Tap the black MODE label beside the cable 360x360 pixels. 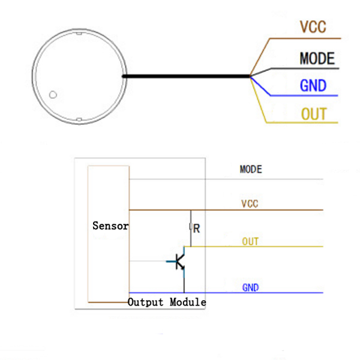point(317,58)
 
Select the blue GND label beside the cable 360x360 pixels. point(313,86)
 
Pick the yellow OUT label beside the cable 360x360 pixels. point(313,114)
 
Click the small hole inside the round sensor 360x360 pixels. point(53,94)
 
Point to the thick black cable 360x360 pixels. point(186,76)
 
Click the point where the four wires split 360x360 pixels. point(251,76)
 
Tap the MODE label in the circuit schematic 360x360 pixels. point(251,170)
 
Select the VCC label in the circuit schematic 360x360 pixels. point(250,204)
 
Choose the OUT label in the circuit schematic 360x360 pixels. point(250,242)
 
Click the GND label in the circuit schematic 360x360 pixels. point(250,288)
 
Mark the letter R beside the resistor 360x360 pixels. point(196,229)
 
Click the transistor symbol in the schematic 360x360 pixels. point(178,261)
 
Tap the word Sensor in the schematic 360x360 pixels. point(110,226)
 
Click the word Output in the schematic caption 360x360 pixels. point(146,302)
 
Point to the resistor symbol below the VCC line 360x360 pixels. point(191,227)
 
